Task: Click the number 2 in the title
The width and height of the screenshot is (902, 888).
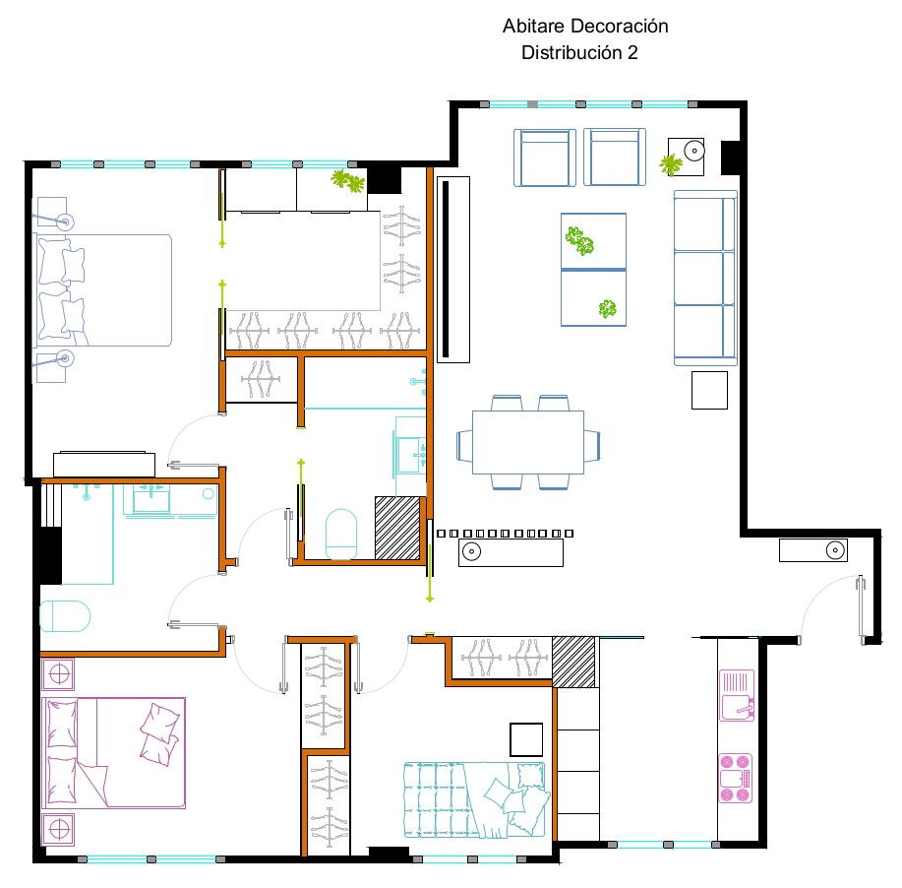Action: [x=632, y=52]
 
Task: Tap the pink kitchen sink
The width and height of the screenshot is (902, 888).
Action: [x=737, y=695]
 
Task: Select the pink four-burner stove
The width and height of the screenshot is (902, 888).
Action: [x=736, y=778]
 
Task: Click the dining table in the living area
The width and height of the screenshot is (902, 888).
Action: [x=528, y=442]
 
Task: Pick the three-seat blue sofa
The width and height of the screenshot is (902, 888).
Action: [x=705, y=279]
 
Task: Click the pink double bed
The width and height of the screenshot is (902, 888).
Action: [x=114, y=753]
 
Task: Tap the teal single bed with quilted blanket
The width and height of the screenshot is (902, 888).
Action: [x=475, y=799]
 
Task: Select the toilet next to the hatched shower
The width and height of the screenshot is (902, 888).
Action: [x=341, y=534]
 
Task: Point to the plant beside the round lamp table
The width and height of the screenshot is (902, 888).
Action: [x=670, y=164]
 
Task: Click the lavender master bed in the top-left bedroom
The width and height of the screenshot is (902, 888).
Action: [x=102, y=290]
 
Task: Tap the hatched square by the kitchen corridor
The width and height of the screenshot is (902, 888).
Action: [x=573, y=662]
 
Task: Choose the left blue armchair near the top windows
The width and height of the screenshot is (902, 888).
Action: [x=545, y=158]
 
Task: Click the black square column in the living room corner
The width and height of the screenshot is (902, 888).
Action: [x=730, y=158]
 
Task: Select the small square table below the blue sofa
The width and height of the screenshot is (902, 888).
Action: [x=709, y=391]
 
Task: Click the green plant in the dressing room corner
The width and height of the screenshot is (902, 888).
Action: [x=348, y=181]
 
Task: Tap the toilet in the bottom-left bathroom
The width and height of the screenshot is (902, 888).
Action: [x=65, y=616]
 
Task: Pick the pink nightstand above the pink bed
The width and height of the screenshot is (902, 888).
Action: [x=58, y=674]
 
